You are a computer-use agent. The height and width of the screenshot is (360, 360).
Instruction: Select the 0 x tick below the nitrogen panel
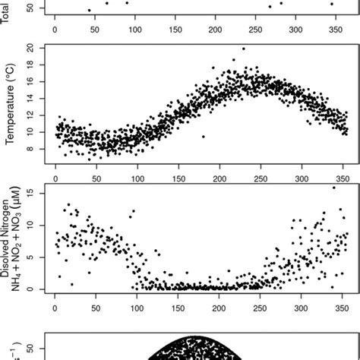click(x=55, y=308)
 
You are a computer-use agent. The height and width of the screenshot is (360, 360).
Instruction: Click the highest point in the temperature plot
click(x=243, y=49)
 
